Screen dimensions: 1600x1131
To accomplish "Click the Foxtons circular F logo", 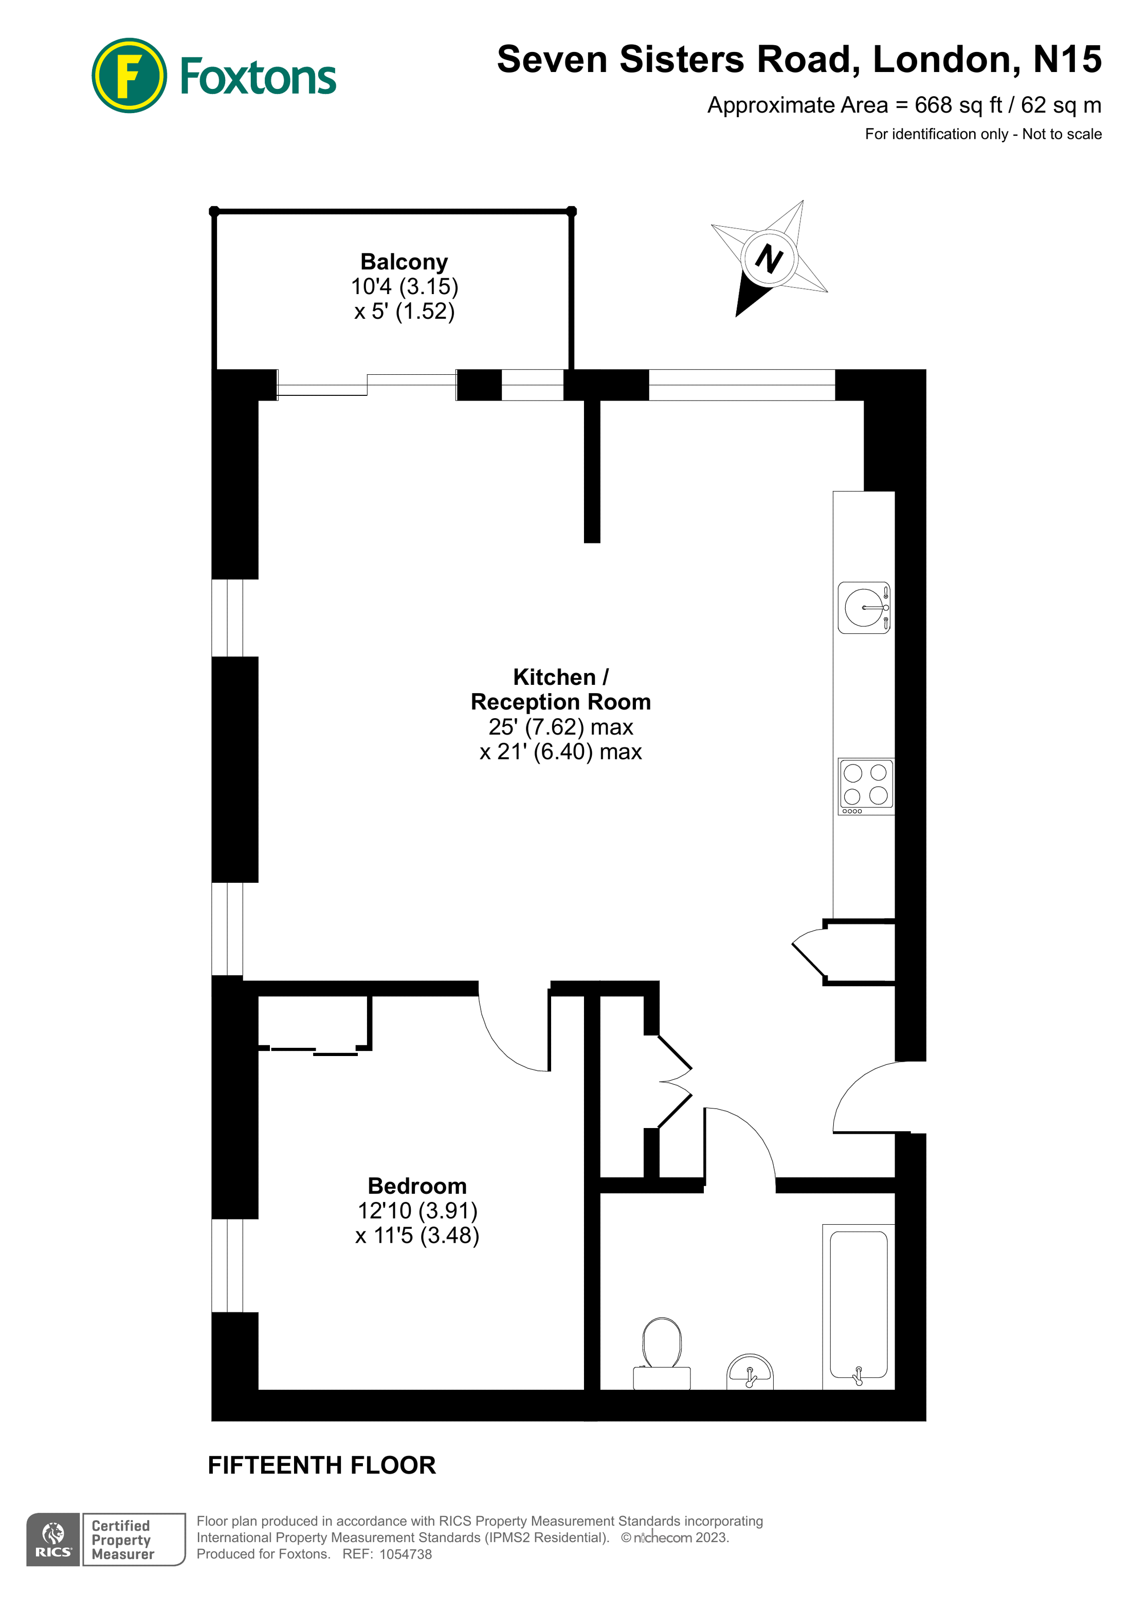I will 129,75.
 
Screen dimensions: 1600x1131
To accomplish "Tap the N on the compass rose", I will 769,259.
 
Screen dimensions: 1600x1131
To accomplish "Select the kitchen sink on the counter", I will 863,608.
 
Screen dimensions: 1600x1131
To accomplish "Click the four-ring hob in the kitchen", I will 865,786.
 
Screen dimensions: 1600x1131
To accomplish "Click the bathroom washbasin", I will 750,1372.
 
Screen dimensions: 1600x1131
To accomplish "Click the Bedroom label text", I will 417,1186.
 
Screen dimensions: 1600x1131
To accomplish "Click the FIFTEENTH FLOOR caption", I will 321,1465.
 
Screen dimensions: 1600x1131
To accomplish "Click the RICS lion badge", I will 53,1540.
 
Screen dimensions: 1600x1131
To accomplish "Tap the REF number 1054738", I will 405,1554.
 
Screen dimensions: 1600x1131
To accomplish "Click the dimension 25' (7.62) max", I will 560,727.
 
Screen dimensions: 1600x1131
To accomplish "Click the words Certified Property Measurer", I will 123,1540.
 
